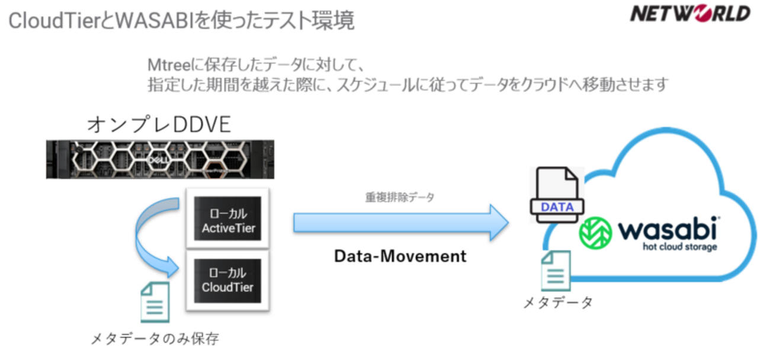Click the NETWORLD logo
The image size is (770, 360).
[690, 14]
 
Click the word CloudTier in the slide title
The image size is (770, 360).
[55, 21]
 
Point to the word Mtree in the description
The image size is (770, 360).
[169, 65]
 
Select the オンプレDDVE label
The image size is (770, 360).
[159, 124]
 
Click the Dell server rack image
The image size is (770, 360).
[160, 159]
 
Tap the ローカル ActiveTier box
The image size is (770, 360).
[227, 218]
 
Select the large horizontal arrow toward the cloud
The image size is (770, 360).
[401, 223]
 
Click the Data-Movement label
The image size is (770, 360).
[400, 256]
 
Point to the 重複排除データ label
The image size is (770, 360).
[399, 197]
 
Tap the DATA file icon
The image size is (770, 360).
[557, 195]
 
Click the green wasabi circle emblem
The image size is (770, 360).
[595, 233]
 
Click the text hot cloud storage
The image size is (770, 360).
[680, 247]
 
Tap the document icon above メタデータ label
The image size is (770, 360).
[556, 271]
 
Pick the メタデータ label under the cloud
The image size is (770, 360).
[557, 303]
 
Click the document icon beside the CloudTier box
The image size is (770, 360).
[155, 303]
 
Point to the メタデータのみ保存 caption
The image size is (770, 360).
[155, 339]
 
